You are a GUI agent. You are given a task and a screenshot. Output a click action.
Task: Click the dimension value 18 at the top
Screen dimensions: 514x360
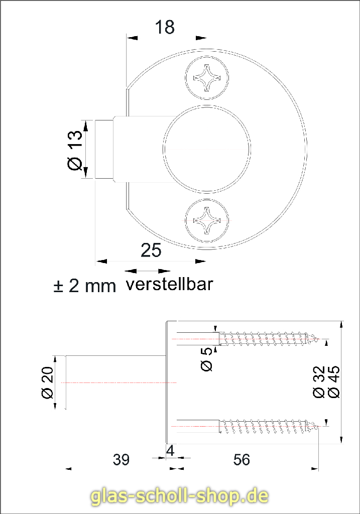(165, 27)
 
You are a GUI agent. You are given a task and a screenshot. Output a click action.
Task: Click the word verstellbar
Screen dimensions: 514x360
(169, 284)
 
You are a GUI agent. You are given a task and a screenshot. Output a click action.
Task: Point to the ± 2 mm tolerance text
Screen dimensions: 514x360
(85, 286)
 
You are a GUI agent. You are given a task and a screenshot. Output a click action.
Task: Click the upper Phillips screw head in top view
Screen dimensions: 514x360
(207, 78)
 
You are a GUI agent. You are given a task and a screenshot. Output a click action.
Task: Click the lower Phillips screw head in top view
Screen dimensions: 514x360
(207, 220)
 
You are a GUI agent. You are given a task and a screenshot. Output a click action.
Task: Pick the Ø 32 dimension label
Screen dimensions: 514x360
(319, 382)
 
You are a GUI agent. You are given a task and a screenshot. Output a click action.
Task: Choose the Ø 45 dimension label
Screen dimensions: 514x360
(333, 382)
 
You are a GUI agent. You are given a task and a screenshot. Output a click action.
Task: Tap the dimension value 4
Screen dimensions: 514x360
(170, 451)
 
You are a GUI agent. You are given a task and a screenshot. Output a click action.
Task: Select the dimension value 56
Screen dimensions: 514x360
(242, 459)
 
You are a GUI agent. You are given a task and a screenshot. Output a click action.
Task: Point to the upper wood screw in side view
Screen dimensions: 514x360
(269, 339)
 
